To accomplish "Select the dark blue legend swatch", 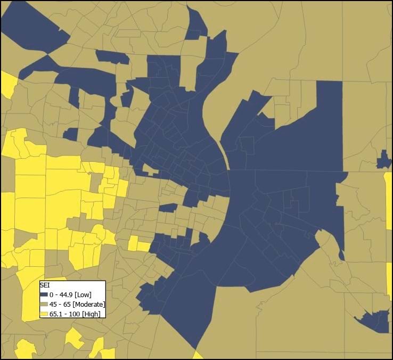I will click(x=44, y=294).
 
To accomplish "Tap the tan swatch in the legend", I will click(x=44, y=304).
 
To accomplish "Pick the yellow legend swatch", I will click(x=44, y=314).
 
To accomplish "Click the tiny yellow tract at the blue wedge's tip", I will click(x=198, y=355).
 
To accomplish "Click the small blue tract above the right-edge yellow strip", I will click(x=383, y=160).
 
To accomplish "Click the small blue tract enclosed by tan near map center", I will click(x=168, y=207).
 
